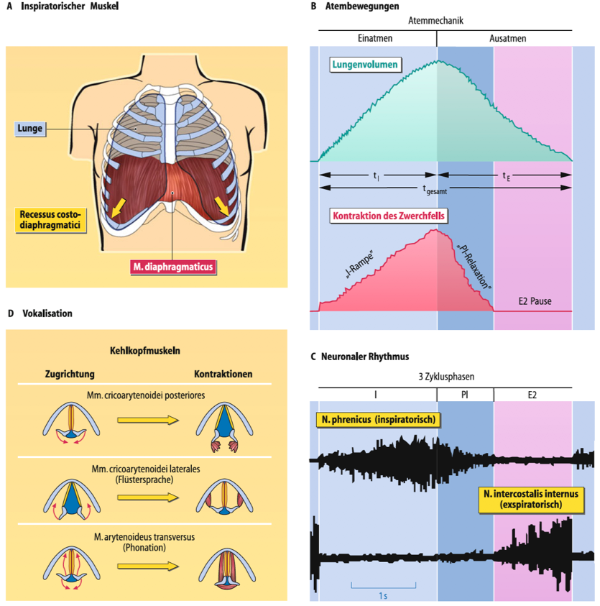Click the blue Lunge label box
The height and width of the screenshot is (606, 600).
[30, 129]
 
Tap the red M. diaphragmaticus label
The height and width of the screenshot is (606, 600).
[173, 267]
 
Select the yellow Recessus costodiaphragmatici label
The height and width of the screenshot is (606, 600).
[50, 220]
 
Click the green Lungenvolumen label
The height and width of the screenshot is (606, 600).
[365, 65]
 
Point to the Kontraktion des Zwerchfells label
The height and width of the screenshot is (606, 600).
[389, 216]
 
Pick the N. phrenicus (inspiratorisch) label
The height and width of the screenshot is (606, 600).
[379, 420]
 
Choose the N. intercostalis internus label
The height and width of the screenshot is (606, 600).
[531, 500]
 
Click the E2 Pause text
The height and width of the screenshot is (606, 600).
[535, 301]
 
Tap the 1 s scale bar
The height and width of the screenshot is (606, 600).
[383, 586]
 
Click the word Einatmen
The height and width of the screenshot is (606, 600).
[375, 38]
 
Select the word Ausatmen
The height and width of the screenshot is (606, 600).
[507, 38]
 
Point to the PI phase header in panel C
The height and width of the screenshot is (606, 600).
[465, 395]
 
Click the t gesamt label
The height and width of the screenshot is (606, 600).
[435, 189]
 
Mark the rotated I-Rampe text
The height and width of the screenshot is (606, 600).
[359, 265]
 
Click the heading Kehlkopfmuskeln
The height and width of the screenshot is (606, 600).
[145, 351]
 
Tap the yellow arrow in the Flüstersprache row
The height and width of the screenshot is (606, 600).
[148, 497]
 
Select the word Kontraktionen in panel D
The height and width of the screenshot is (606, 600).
[223, 374]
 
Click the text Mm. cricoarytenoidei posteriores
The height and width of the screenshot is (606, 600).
[146, 395]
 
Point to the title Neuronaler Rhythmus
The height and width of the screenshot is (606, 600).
[365, 357]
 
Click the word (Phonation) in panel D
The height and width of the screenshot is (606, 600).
[144, 548]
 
